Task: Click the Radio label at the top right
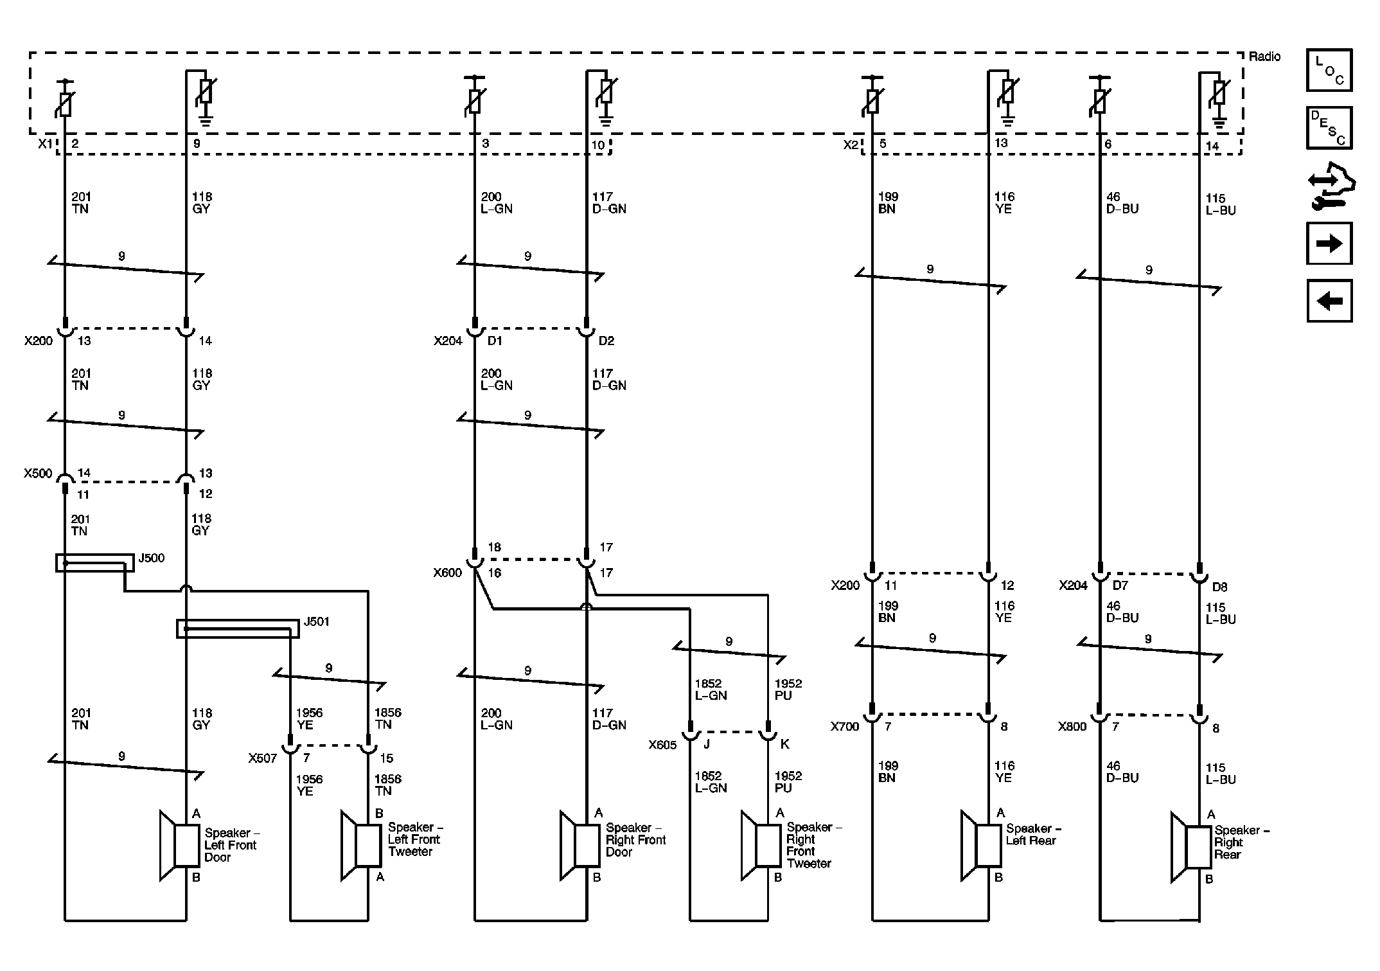(x=1264, y=57)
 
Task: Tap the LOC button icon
(x=1329, y=70)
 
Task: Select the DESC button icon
(x=1329, y=128)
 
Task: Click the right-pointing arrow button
(x=1329, y=244)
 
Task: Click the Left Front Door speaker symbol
(x=179, y=846)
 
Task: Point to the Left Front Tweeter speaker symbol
(x=360, y=846)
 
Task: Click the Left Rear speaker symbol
(x=981, y=846)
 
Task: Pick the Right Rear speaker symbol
(x=1190, y=848)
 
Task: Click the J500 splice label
(x=152, y=558)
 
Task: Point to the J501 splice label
(x=316, y=621)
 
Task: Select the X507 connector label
(x=263, y=758)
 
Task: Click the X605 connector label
(x=662, y=745)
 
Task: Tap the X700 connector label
(x=845, y=727)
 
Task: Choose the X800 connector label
(x=1072, y=727)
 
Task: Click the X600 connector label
(x=448, y=573)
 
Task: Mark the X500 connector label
(x=38, y=474)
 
